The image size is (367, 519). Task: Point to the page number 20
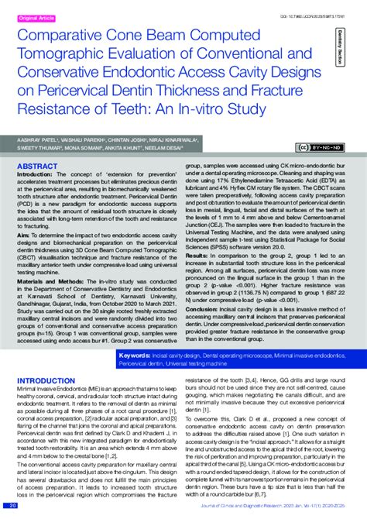pyautogui.click(x=12, y=505)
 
